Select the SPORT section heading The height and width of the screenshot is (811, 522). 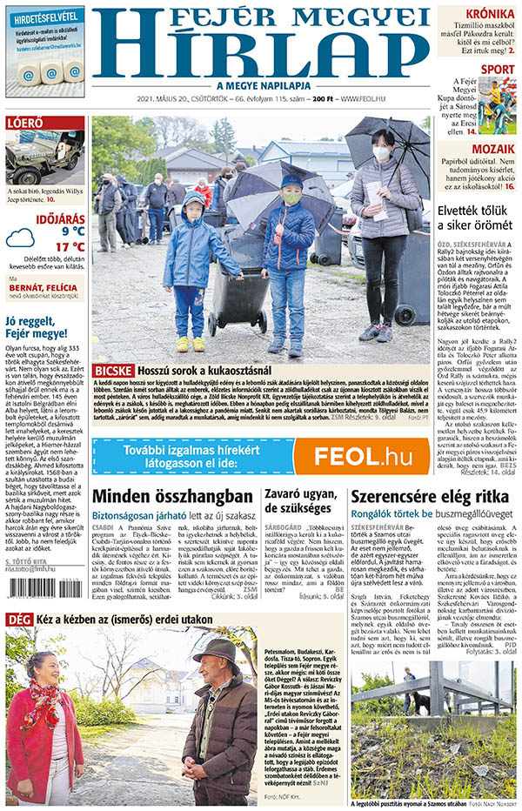[497, 69]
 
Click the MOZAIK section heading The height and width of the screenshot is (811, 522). [492, 149]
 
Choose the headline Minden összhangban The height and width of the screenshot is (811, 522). [172, 496]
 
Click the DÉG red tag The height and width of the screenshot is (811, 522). [18, 619]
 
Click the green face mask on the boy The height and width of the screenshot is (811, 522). [291, 198]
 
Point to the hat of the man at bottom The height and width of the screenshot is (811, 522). [217, 649]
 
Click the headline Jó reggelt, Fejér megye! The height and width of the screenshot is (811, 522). [36, 326]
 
